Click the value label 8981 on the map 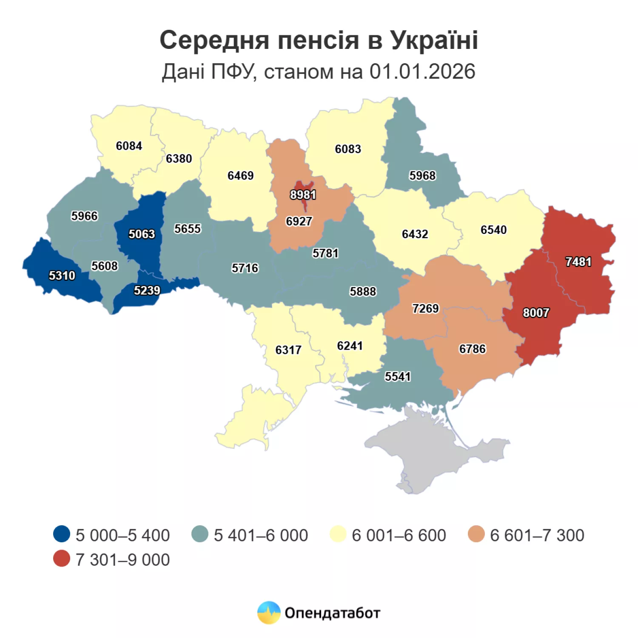[303, 195]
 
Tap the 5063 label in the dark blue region [142, 234]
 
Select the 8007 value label [535, 313]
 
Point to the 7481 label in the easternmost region [578, 262]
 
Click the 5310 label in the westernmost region [62, 276]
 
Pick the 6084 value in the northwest [129, 146]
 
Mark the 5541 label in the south [398, 376]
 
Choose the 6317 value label [288, 350]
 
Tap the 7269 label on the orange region [425, 308]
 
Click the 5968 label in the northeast [422, 176]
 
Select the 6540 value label [493, 230]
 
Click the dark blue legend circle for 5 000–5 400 [62, 534]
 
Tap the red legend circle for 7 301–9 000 [62, 559]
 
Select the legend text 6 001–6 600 [399, 535]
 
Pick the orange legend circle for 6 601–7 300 [476, 534]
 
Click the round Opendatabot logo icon [269, 612]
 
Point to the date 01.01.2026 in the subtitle [422, 71]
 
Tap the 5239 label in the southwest [147, 291]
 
